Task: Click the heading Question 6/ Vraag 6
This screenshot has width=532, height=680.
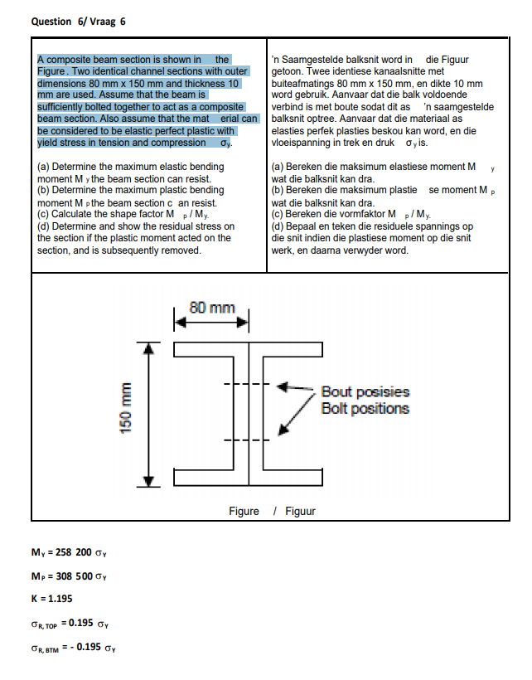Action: pos(78,21)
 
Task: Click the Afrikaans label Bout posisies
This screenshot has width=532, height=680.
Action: pos(365,391)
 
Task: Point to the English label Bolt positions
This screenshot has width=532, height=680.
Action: pos(365,408)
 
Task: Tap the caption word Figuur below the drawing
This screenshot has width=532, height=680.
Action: pos(300,512)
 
